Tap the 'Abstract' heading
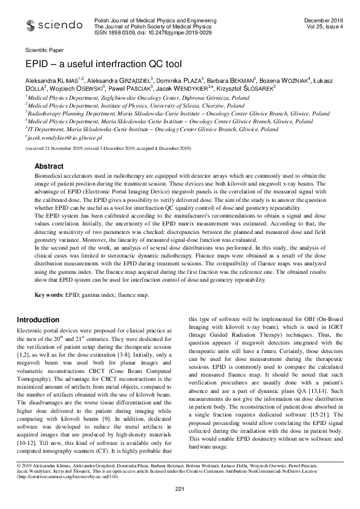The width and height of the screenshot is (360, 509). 49,149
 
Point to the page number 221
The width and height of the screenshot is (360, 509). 180,488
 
